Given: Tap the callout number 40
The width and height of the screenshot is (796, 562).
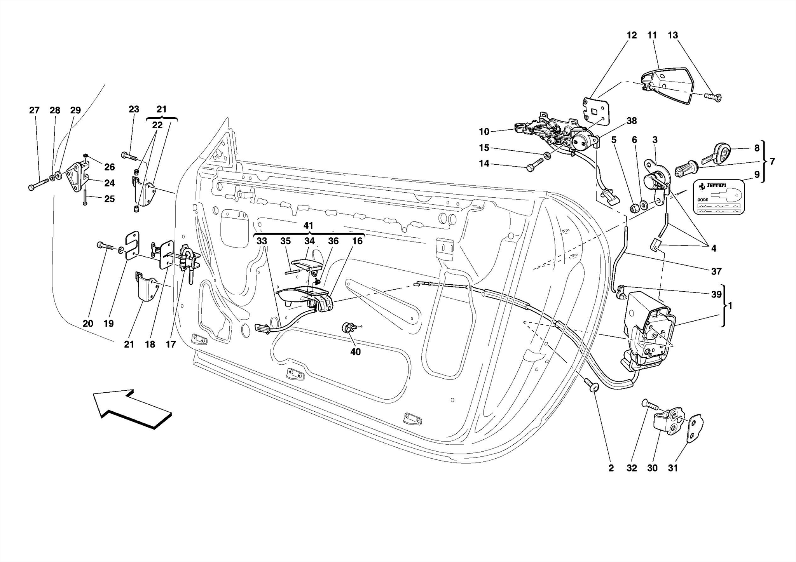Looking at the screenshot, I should (355, 352).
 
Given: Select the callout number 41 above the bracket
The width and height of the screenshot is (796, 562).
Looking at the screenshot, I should (308, 226).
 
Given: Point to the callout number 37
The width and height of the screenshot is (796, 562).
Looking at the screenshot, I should (716, 271).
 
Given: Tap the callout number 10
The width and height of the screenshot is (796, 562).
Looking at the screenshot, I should (484, 132).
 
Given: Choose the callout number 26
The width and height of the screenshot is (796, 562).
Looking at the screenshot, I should (110, 167).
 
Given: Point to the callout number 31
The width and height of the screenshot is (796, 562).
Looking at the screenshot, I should (673, 468).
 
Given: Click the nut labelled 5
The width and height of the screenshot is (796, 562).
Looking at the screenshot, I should (634, 208).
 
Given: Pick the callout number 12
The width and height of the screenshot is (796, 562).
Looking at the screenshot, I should (632, 35).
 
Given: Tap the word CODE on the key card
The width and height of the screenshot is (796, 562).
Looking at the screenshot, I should (703, 200).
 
